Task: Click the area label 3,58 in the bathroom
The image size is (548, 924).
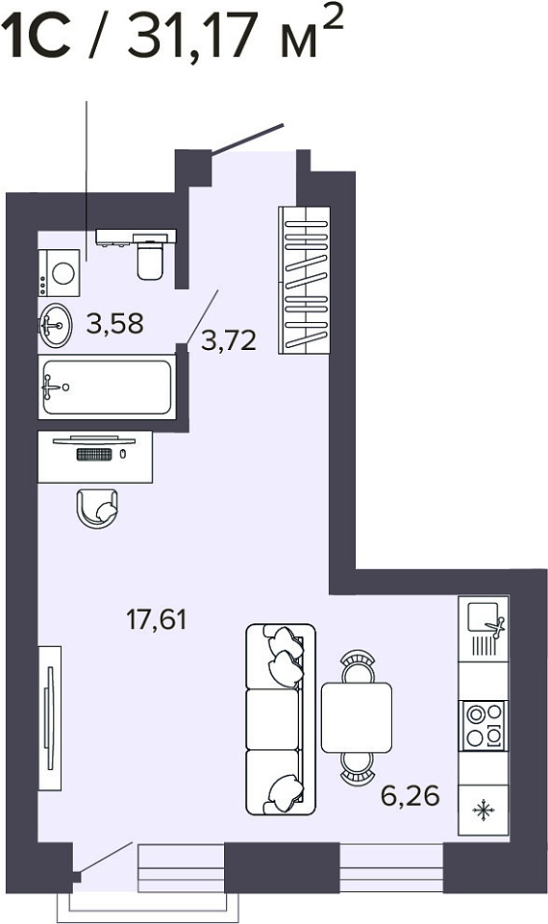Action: [x=115, y=323]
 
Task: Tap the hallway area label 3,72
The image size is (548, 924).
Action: [x=229, y=340]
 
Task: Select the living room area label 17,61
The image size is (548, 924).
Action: [x=156, y=619]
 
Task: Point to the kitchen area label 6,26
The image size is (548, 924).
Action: [x=411, y=796]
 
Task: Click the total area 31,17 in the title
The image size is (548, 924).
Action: [x=193, y=36]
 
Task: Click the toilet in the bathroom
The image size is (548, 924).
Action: [x=150, y=258]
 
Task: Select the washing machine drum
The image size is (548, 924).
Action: [x=62, y=273]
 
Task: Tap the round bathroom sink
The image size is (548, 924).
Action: [x=56, y=325]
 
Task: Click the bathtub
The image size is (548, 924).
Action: [x=108, y=387]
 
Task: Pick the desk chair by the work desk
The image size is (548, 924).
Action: [x=97, y=508]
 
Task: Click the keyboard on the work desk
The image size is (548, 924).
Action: [x=94, y=454]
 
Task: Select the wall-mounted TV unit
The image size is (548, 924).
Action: [x=50, y=717]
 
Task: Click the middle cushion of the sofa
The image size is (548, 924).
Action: [x=272, y=719]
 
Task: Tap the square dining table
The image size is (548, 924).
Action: [x=357, y=717]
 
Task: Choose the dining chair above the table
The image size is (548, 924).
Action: [x=358, y=666]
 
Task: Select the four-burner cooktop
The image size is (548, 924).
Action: [x=484, y=725]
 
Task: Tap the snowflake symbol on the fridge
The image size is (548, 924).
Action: [x=484, y=810]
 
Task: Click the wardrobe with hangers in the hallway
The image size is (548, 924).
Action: [x=304, y=280]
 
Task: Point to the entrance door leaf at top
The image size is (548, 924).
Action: [x=248, y=139]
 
